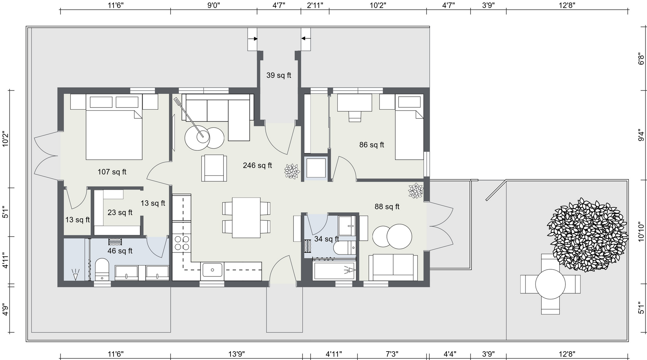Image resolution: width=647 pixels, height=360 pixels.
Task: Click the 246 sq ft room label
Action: tap(257, 166)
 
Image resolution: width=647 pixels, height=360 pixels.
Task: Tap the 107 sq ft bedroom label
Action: tap(112, 172)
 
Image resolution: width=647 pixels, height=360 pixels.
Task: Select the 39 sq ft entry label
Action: tap(279, 76)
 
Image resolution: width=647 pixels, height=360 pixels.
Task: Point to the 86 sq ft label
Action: tap(372, 145)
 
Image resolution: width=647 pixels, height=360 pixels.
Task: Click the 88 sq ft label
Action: tap(387, 207)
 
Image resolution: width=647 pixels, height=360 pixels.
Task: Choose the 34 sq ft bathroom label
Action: tap(327, 239)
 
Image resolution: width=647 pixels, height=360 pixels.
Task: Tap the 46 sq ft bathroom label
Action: tap(120, 251)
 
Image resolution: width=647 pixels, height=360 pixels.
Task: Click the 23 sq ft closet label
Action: tap(120, 213)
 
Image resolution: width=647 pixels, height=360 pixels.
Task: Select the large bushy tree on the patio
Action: tap(587, 234)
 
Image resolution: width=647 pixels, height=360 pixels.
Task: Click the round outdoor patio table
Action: tap(550, 284)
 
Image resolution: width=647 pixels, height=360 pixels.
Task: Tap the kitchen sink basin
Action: tap(212, 270)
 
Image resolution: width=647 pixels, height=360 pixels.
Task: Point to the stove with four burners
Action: tap(182, 243)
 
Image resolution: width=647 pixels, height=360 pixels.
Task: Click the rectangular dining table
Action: tap(246, 218)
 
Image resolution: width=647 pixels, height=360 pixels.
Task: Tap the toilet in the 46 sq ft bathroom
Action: tap(102, 269)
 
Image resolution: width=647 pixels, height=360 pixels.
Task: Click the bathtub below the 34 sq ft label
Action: tap(335, 270)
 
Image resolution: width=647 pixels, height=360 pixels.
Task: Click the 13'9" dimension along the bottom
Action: tap(236, 354)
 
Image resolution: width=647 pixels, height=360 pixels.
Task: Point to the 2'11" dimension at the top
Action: tap(315, 5)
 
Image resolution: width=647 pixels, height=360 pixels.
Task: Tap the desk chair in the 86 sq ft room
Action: tap(355, 116)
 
